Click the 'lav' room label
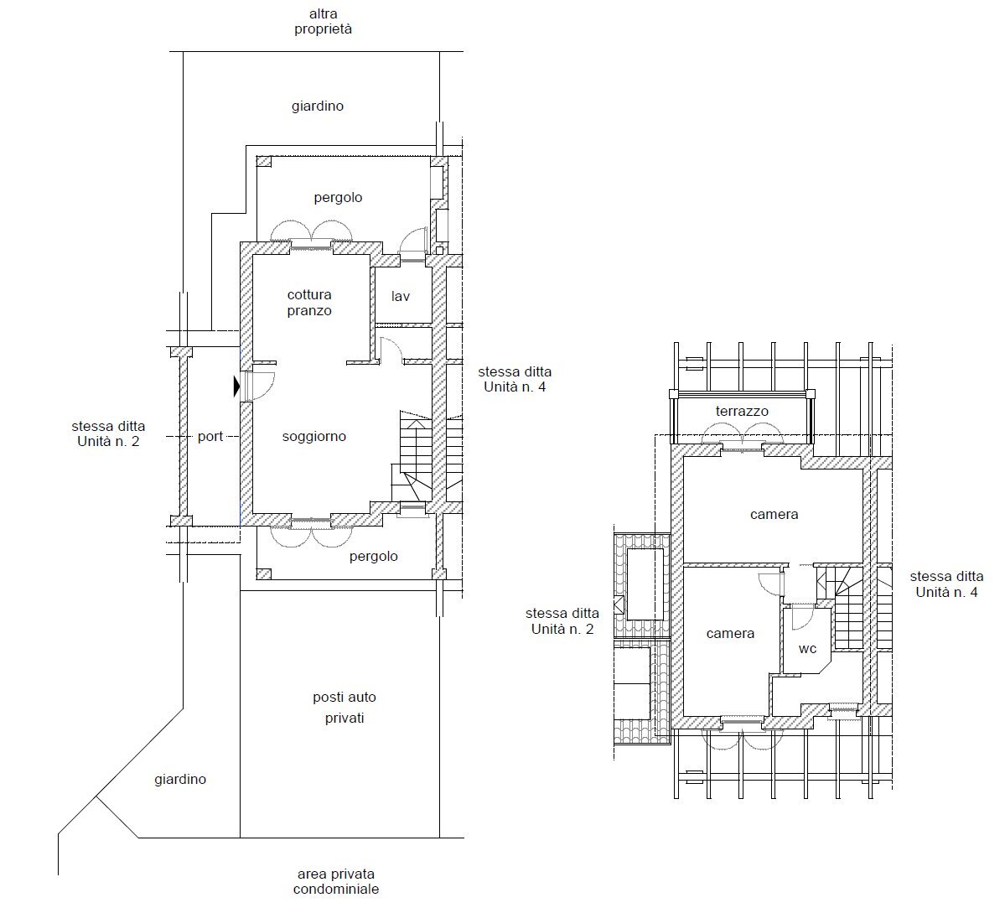tap(401, 297)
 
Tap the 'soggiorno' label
tap(313, 437)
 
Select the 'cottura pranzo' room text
tap(309, 303)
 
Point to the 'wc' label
tap(807, 649)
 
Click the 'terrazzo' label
tap(742, 412)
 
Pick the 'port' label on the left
tap(210, 437)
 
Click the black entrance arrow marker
tap(237, 386)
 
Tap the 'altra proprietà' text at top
tap(323, 21)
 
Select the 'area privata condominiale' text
tap(335, 881)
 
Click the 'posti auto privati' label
tap(344, 708)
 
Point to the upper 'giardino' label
tap(318, 106)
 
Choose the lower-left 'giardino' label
tap(180, 780)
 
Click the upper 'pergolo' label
tap(338, 198)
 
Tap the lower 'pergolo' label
tap(373, 557)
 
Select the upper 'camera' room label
tap(774, 515)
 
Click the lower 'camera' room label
tap(730, 634)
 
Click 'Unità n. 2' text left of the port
tap(108, 441)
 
